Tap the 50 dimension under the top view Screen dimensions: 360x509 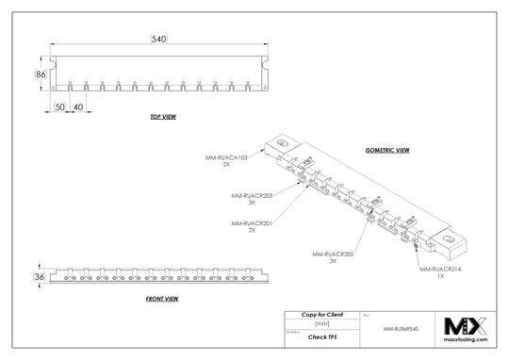point(58,106)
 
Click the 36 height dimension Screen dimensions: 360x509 point(40,277)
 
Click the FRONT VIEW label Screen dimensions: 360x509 point(162,298)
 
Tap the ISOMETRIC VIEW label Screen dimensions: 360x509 point(386,150)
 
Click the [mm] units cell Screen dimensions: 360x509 point(321,323)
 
